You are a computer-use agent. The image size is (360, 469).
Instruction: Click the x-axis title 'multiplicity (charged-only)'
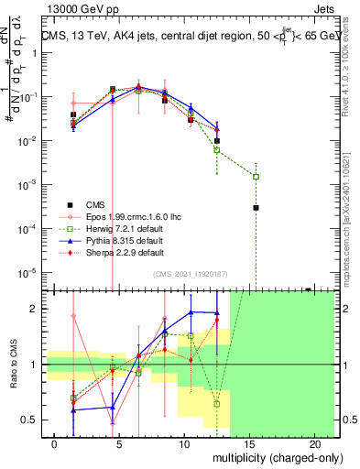point(267,457)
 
